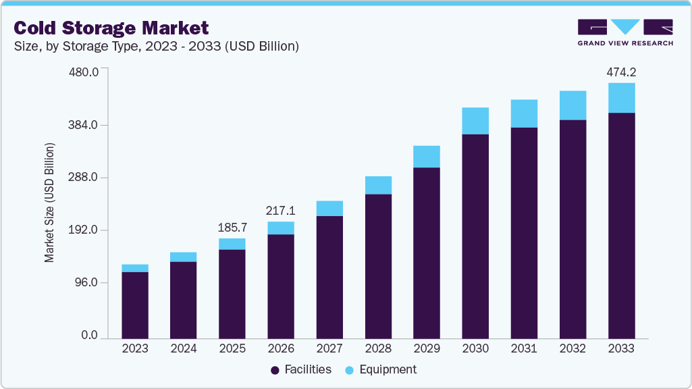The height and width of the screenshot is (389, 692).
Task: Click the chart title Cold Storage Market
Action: coord(111,28)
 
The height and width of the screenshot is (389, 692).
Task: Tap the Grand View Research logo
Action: coord(625,32)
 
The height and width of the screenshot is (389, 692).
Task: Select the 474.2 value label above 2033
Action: coord(621,72)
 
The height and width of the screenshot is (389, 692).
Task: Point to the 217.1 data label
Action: coord(280,210)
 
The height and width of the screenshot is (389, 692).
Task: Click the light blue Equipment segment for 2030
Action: coord(475,121)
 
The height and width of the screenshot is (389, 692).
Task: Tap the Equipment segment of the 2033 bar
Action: coord(621,98)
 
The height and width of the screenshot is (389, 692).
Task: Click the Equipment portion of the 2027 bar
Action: coord(329,209)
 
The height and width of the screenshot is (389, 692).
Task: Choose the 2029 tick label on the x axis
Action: coord(427,348)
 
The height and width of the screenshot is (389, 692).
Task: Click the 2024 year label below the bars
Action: coord(184,348)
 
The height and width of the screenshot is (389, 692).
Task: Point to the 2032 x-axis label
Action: coord(573,348)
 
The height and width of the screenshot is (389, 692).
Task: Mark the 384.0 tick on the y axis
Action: coord(84,125)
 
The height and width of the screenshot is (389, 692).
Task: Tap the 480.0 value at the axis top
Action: coord(84,72)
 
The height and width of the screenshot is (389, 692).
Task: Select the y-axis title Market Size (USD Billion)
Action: coord(49,203)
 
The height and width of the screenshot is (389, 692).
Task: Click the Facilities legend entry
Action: coord(301,369)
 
